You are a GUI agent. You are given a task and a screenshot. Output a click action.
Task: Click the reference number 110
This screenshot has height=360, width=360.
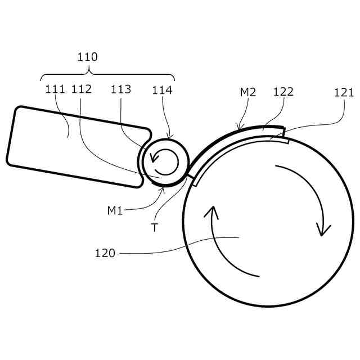coord(87,57)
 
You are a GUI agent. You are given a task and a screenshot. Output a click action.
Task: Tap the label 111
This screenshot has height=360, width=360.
coord(55,89)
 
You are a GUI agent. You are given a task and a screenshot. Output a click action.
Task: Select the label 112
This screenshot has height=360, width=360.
coord(82,89)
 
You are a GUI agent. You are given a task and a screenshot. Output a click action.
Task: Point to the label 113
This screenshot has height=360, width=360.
coord(120,89)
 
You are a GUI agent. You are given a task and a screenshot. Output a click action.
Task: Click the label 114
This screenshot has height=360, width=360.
coord(162,89)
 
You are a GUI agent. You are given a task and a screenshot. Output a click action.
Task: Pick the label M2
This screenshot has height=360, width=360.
coord(248,92)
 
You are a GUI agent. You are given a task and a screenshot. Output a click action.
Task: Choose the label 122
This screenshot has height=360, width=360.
coord(283,92)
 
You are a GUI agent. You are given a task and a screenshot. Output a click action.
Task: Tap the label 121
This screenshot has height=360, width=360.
coord(344,92)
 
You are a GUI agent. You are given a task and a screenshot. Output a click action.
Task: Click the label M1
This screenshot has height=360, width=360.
coord(115,211)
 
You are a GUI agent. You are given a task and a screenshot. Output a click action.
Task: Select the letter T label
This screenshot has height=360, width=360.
coord(154,228)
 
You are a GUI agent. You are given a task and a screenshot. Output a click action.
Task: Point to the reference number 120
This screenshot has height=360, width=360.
coord(105,253)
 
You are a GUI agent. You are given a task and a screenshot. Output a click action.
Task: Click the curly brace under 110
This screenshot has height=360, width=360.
coord(107,74)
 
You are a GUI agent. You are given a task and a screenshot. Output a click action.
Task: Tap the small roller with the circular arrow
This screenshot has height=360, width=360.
coord(164,161)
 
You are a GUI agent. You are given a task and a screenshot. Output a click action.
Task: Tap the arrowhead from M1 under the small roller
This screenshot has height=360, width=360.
coord(164,187)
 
